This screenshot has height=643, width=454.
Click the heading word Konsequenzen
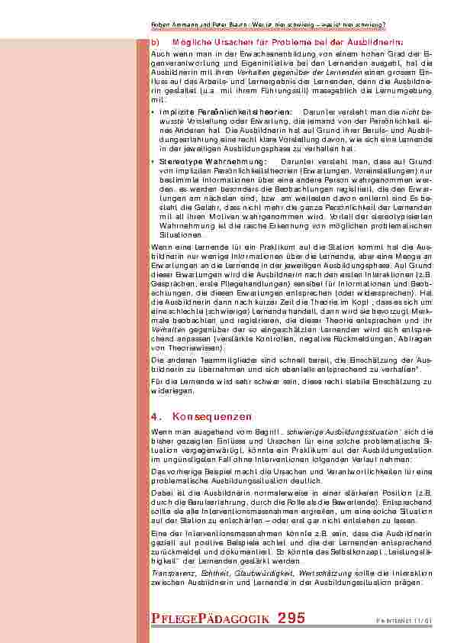pos(212,417)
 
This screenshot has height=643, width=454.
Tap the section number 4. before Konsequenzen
pos(156,417)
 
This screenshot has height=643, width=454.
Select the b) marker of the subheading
pos(155,42)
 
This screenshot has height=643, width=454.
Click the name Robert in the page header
pos(161,25)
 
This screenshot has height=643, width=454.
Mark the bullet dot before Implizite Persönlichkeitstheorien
pos(153,111)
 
